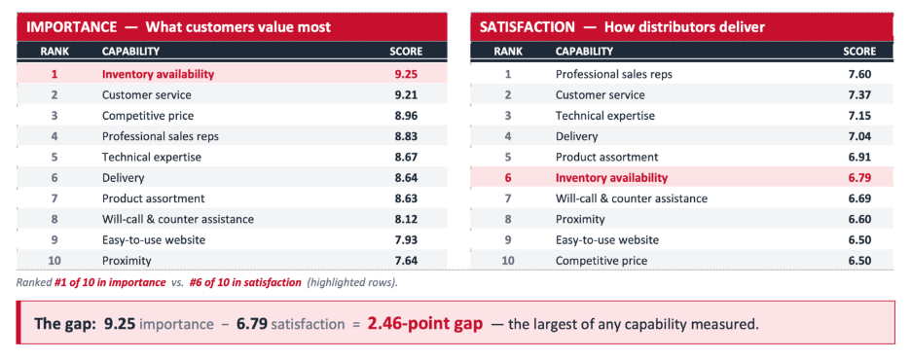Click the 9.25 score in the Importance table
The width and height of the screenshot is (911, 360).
click(x=406, y=74)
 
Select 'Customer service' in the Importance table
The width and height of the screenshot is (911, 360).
click(x=146, y=94)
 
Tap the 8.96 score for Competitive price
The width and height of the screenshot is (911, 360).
click(x=406, y=116)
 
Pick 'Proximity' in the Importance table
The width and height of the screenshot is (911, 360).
click(x=127, y=261)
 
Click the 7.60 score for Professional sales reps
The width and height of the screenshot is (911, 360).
click(x=859, y=74)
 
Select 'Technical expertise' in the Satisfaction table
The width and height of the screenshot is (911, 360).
click(x=604, y=116)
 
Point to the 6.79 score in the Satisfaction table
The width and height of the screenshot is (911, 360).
click(x=859, y=178)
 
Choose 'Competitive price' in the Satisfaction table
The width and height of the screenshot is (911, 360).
click(x=601, y=261)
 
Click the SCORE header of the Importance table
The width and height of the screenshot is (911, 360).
click(x=406, y=52)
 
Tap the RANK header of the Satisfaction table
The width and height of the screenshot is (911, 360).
click(x=508, y=52)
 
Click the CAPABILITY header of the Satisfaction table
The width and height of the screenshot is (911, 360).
click(x=584, y=52)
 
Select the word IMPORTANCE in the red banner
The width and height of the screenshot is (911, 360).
click(x=72, y=26)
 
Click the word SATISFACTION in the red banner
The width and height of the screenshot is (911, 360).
click(x=527, y=26)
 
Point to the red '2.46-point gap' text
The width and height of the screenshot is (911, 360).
click(x=424, y=323)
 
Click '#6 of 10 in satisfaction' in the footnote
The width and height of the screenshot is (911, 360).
click(x=245, y=283)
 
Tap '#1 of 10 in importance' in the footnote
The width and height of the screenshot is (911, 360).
click(x=110, y=283)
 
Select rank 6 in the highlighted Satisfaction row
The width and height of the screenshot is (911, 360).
click(x=508, y=178)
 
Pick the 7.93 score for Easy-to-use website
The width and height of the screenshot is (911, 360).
click(x=406, y=239)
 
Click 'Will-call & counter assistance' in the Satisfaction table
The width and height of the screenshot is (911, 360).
click(x=632, y=198)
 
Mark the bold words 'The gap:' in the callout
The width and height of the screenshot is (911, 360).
click(x=64, y=324)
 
